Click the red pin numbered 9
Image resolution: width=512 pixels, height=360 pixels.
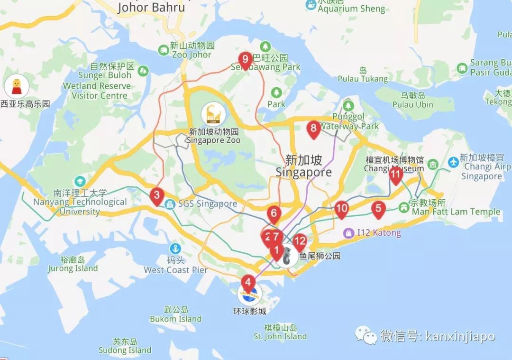(245, 60)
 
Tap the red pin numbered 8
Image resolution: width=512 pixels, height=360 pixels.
(313, 128)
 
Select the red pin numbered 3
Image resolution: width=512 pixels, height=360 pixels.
(156, 195)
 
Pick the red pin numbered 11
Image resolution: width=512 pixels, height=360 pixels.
(396, 175)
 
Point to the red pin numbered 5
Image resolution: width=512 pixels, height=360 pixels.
(378, 208)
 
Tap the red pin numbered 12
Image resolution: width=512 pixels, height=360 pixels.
(300, 241)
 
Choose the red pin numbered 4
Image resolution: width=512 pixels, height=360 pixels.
(247, 282)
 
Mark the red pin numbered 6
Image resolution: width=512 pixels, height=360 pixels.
(274, 213)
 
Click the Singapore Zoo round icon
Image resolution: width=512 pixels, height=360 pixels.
(210, 114)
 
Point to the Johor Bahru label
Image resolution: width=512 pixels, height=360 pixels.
(151, 8)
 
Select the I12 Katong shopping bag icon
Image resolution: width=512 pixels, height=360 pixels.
(349, 233)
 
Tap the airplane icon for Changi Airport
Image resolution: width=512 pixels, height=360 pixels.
(453, 161)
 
